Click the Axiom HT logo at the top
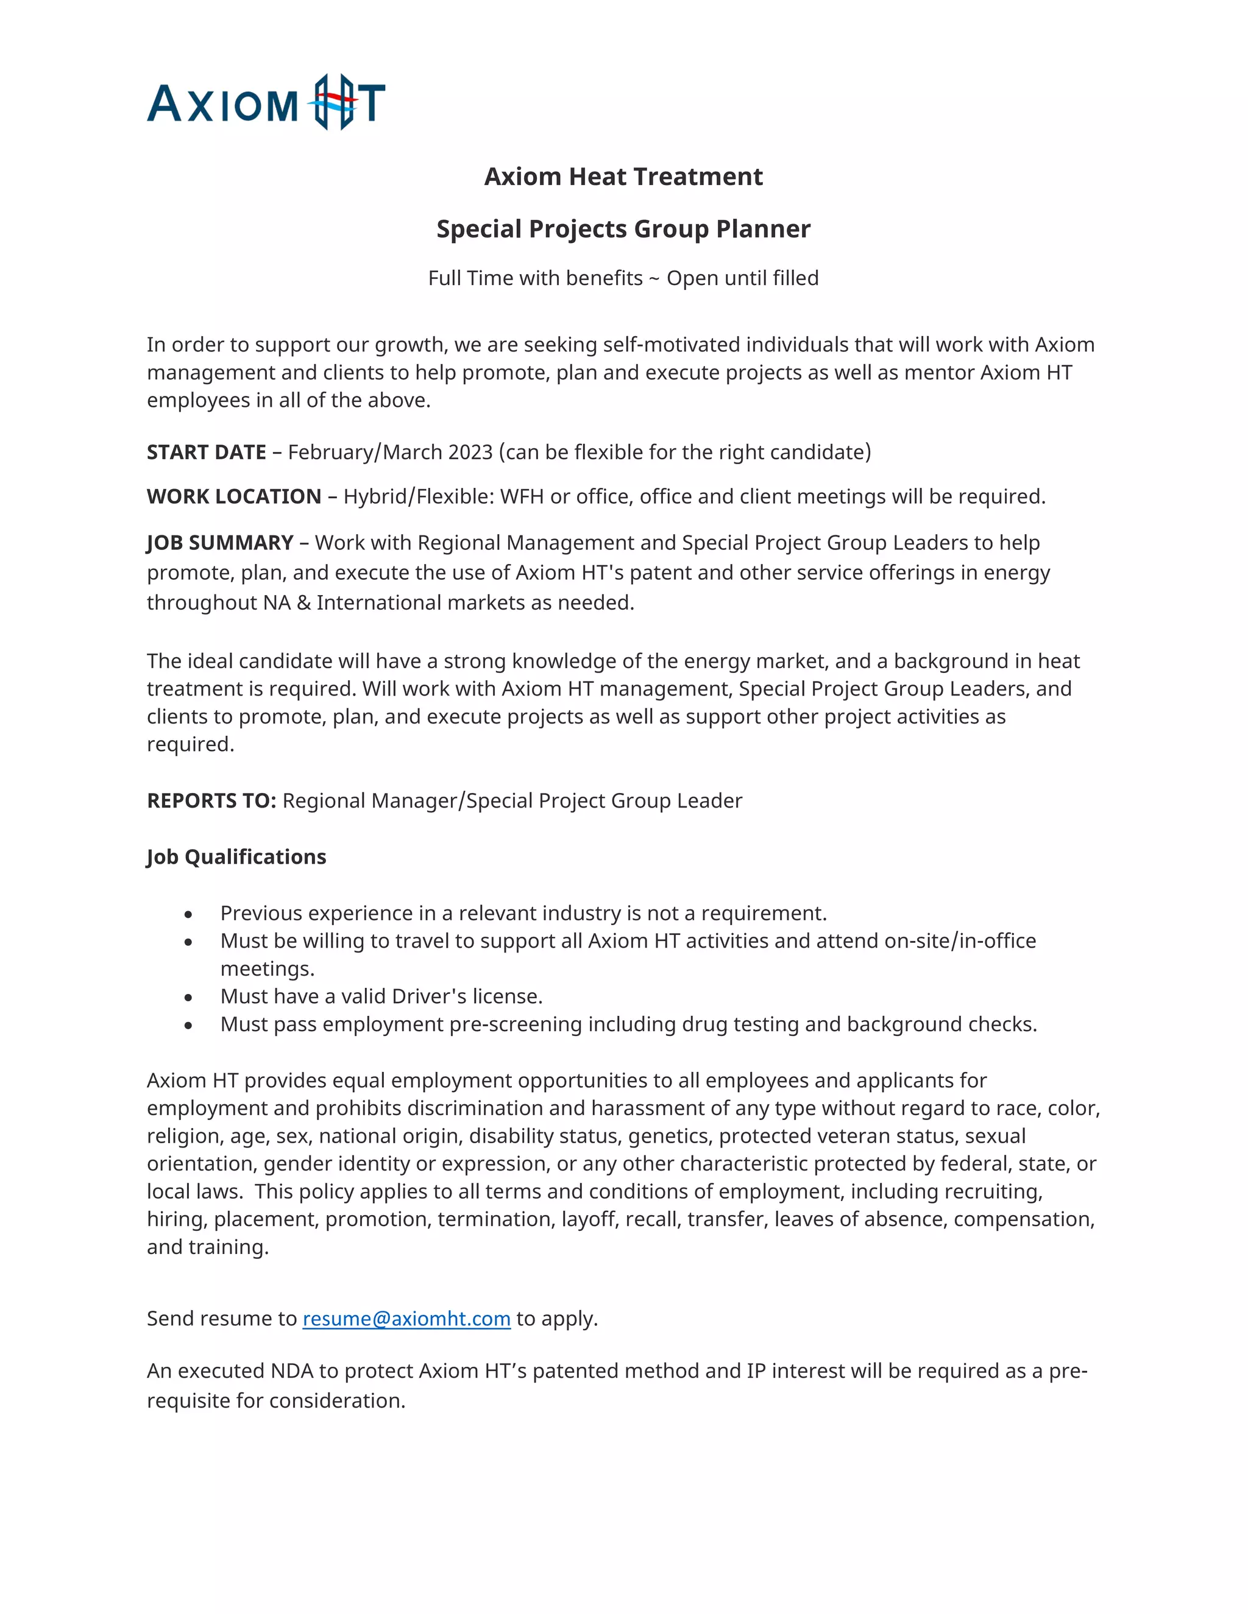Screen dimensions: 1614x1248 [x=266, y=103]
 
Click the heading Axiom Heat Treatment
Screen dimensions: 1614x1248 [x=623, y=177]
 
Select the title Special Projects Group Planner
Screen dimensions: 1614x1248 [x=623, y=229]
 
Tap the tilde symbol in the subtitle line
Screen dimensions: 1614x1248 [x=654, y=278]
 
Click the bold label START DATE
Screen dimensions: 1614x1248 [x=207, y=453]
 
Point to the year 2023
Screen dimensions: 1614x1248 [x=470, y=453]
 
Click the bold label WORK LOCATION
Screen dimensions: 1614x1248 [x=233, y=496]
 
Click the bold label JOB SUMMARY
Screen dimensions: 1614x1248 [x=219, y=543]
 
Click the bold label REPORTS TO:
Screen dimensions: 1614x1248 [x=211, y=801]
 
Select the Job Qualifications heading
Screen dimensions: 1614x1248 [x=236, y=858]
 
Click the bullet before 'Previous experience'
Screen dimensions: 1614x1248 [x=188, y=915]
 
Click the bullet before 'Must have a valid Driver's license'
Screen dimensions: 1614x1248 [x=188, y=998]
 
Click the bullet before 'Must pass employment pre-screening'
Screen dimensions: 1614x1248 [x=188, y=1026]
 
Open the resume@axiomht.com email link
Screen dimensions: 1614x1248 [x=406, y=1319]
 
